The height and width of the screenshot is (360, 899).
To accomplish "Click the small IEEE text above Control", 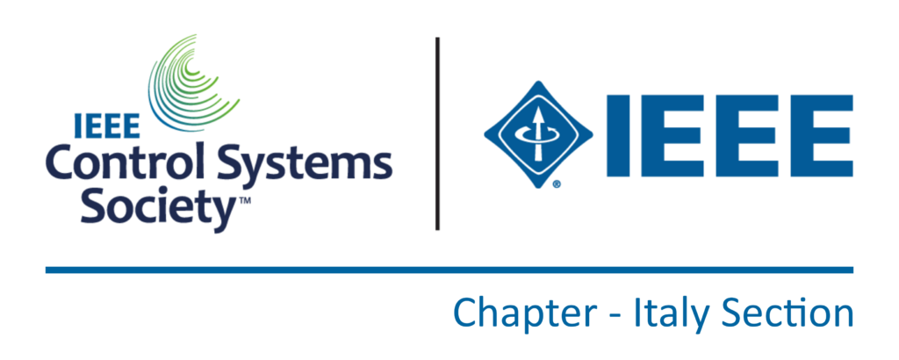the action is coord(107,126).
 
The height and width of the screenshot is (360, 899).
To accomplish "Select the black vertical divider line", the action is coord(437,133).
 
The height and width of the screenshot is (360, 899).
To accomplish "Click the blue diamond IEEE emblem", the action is coord(538,134).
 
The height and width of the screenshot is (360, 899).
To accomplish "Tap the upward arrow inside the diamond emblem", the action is coord(538,134).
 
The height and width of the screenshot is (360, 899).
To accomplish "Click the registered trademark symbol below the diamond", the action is coord(556,184).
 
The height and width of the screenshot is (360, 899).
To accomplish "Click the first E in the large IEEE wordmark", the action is coord(672,136).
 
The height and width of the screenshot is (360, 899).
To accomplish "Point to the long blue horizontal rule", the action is coord(449,270).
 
